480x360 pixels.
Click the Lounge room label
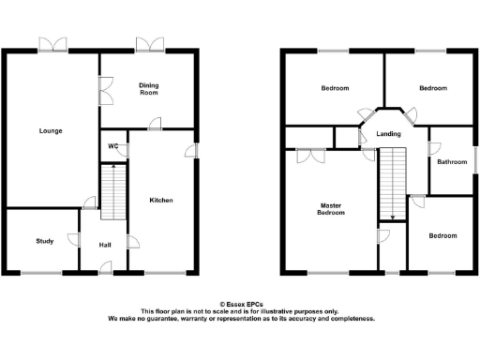coord(51,130)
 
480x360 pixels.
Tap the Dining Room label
coord(149,89)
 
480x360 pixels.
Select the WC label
coord(112,146)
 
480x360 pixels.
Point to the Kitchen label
coord(161,200)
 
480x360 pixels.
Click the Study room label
coord(44,241)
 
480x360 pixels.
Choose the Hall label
coord(105,245)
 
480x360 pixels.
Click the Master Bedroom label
coord(332,209)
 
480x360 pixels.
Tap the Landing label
coord(388,134)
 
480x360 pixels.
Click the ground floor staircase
coord(112,192)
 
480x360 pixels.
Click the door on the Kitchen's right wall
coord(192,150)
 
